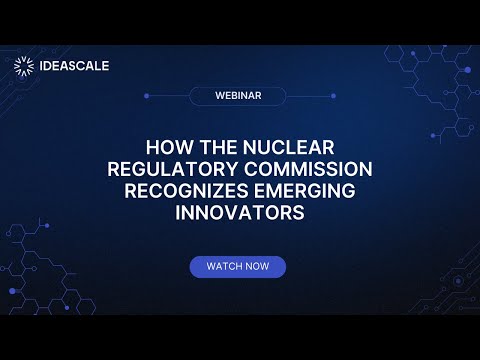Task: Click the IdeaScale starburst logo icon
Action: pos(24,67)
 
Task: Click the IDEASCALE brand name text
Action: pos(74,67)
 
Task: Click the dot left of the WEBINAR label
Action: pos(147,96)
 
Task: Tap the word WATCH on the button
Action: pos(225,267)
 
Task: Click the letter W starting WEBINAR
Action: pos(219,96)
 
